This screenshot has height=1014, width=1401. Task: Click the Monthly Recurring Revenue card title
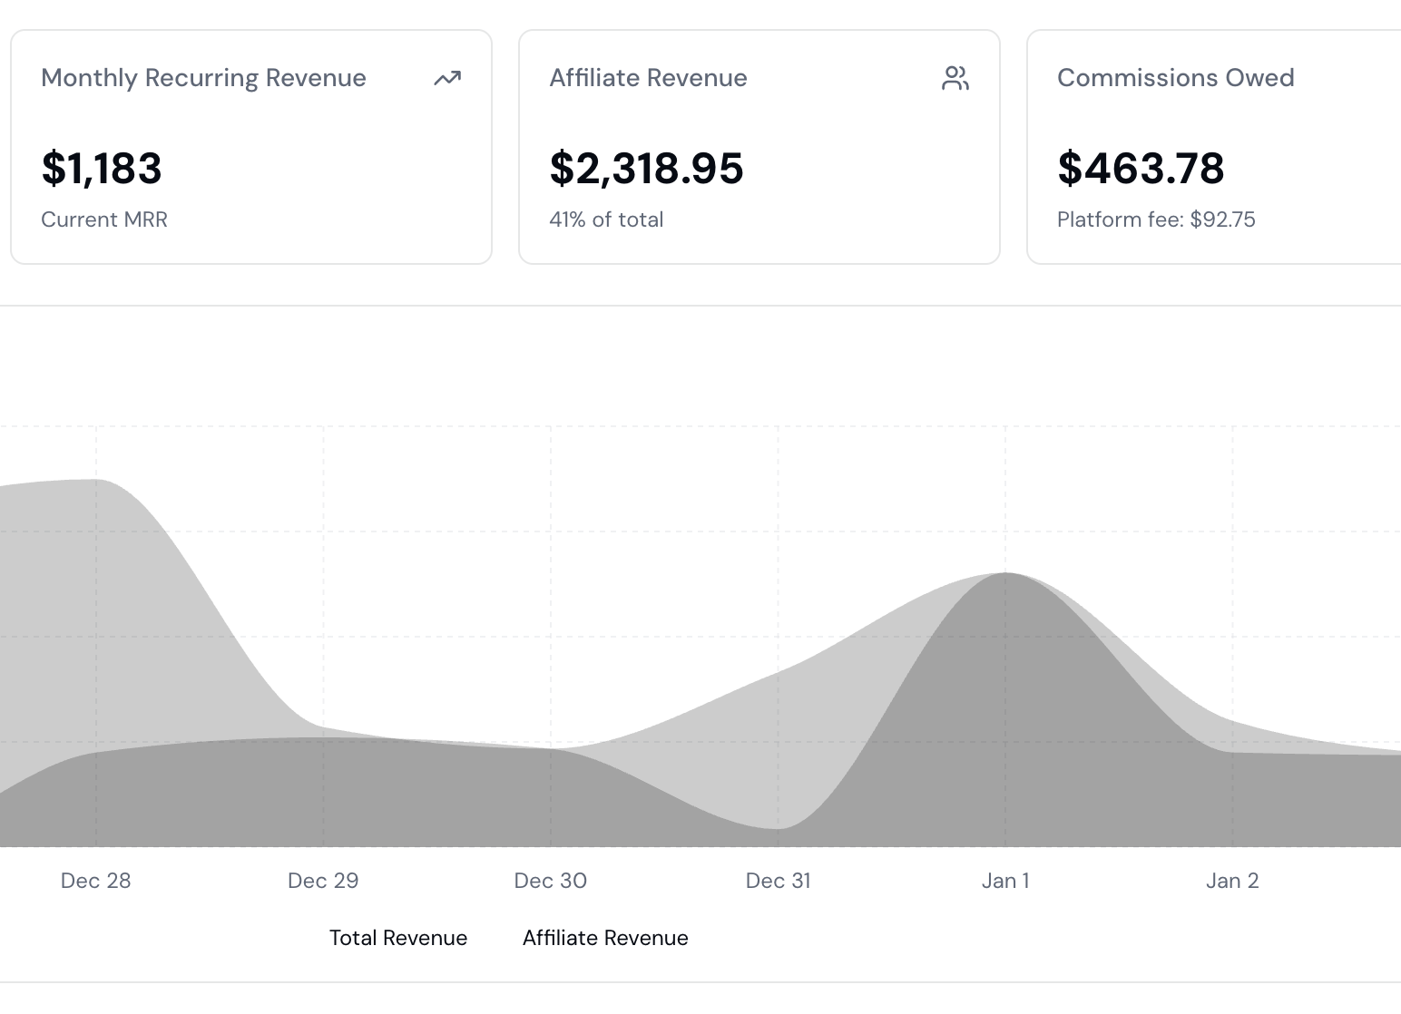203,78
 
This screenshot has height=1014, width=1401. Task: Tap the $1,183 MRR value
102,169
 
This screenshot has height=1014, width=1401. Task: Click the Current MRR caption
104,219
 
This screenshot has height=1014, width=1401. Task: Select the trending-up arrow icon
446,79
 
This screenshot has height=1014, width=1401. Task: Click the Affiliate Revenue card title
648,78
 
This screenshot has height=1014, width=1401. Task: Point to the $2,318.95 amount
646,169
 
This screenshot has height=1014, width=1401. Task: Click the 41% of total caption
606,219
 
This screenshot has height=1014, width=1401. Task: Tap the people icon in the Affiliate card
955,79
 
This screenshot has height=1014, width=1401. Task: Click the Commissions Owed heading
1175,78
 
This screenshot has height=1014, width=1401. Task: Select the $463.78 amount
1141,169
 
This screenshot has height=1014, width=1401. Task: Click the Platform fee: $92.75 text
1156,219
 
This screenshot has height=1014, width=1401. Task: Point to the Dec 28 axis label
95,881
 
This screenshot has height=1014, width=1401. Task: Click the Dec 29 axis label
323,881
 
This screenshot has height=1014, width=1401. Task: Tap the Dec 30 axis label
550,881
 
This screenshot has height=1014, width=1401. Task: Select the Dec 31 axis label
778,881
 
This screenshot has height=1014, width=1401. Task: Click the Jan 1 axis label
1005,881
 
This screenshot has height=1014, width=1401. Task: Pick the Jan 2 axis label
1232,881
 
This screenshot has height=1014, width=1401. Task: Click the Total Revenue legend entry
397,938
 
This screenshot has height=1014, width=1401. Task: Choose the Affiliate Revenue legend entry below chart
605,938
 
